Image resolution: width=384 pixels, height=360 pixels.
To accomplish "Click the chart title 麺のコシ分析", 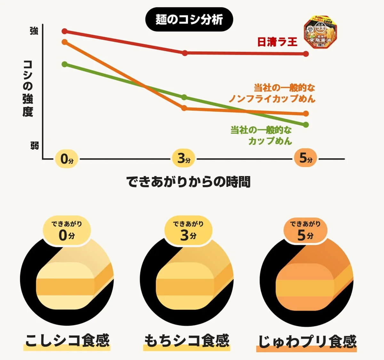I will (x=189, y=20).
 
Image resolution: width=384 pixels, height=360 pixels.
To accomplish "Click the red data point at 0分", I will (x=65, y=31).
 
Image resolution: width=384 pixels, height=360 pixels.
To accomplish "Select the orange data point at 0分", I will (x=65, y=42).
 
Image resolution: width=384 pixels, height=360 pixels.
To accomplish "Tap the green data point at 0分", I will (x=65, y=64).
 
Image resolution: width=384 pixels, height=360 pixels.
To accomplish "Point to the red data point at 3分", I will (x=185, y=53).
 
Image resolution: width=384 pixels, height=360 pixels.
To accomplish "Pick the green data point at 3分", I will (x=184, y=97).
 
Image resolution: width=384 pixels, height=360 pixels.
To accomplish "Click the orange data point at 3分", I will (x=184, y=108).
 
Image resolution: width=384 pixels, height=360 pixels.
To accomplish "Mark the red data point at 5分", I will (x=306, y=54).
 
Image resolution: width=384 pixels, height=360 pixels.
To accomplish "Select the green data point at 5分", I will (x=306, y=124).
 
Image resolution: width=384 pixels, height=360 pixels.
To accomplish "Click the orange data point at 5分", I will (x=306, y=114).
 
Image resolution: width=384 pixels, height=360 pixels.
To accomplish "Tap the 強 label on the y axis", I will (x=34, y=31).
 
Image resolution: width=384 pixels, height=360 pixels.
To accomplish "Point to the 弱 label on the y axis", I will (x=34, y=146).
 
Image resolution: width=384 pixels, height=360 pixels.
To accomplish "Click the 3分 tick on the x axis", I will (x=184, y=158).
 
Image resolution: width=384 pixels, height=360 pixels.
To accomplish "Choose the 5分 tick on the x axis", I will (x=306, y=158).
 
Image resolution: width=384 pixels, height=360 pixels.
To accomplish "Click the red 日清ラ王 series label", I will (x=277, y=42).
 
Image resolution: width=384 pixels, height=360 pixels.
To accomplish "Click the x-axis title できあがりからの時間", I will (x=188, y=182).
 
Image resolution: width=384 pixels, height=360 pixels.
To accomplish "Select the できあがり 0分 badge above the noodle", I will (x=67, y=231).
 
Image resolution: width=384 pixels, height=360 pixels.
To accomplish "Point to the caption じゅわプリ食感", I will (x=307, y=342).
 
